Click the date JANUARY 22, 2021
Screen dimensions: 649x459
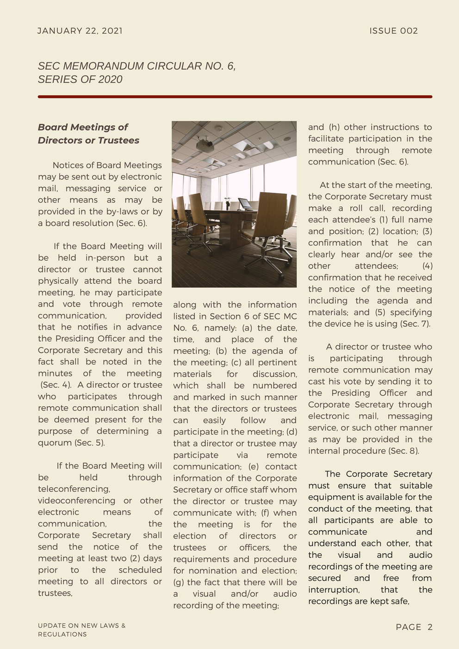(x=80, y=31)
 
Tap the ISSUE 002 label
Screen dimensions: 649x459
(x=393, y=31)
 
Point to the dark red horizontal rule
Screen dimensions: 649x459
(x=235, y=97)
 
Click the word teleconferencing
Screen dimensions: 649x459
(x=74, y=489)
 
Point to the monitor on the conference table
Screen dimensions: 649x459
(x=244, y=203)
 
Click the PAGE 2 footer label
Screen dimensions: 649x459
(x=414, y=627)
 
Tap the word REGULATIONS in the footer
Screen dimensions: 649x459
(x=62, y=634)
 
